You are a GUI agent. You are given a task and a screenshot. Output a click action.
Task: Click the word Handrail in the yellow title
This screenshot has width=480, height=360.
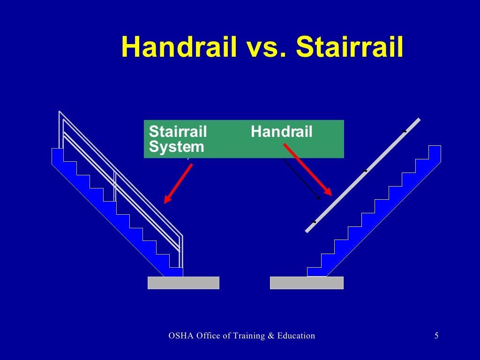(x=179, y=47)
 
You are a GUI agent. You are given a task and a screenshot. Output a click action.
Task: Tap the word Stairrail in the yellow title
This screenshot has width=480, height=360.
(x=350, y=47)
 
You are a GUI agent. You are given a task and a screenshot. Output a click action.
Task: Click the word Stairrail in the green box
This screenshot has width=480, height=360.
(x=178, y=132)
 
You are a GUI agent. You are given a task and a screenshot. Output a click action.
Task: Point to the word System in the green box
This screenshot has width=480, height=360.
(x=176, y=147)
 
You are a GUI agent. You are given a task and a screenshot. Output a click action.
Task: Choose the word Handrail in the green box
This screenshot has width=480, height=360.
(x=281, y=132)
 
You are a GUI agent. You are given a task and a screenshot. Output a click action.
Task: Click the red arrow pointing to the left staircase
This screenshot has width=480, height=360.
(x=178, y=183)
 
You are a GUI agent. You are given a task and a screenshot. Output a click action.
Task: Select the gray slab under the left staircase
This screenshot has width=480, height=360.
(x=183, y=283)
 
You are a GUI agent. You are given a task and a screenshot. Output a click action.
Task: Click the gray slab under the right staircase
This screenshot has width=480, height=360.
(x=307, y=283)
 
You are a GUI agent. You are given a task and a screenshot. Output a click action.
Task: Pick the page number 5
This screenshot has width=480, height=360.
(x=436, y=336)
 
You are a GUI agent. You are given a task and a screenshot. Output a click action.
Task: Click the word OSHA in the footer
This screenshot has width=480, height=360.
(x=180, y=336)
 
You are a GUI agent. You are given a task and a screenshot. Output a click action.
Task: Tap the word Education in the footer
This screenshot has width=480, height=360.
(x=297, y=336)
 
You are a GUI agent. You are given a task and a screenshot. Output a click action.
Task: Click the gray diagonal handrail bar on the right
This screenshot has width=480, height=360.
(x=363, y=175)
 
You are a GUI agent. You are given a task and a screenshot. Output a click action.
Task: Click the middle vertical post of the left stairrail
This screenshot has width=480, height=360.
(x=115, y=187)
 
